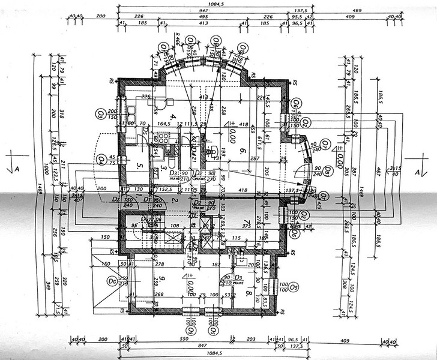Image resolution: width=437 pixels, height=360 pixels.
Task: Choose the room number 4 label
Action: pos(172,117)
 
